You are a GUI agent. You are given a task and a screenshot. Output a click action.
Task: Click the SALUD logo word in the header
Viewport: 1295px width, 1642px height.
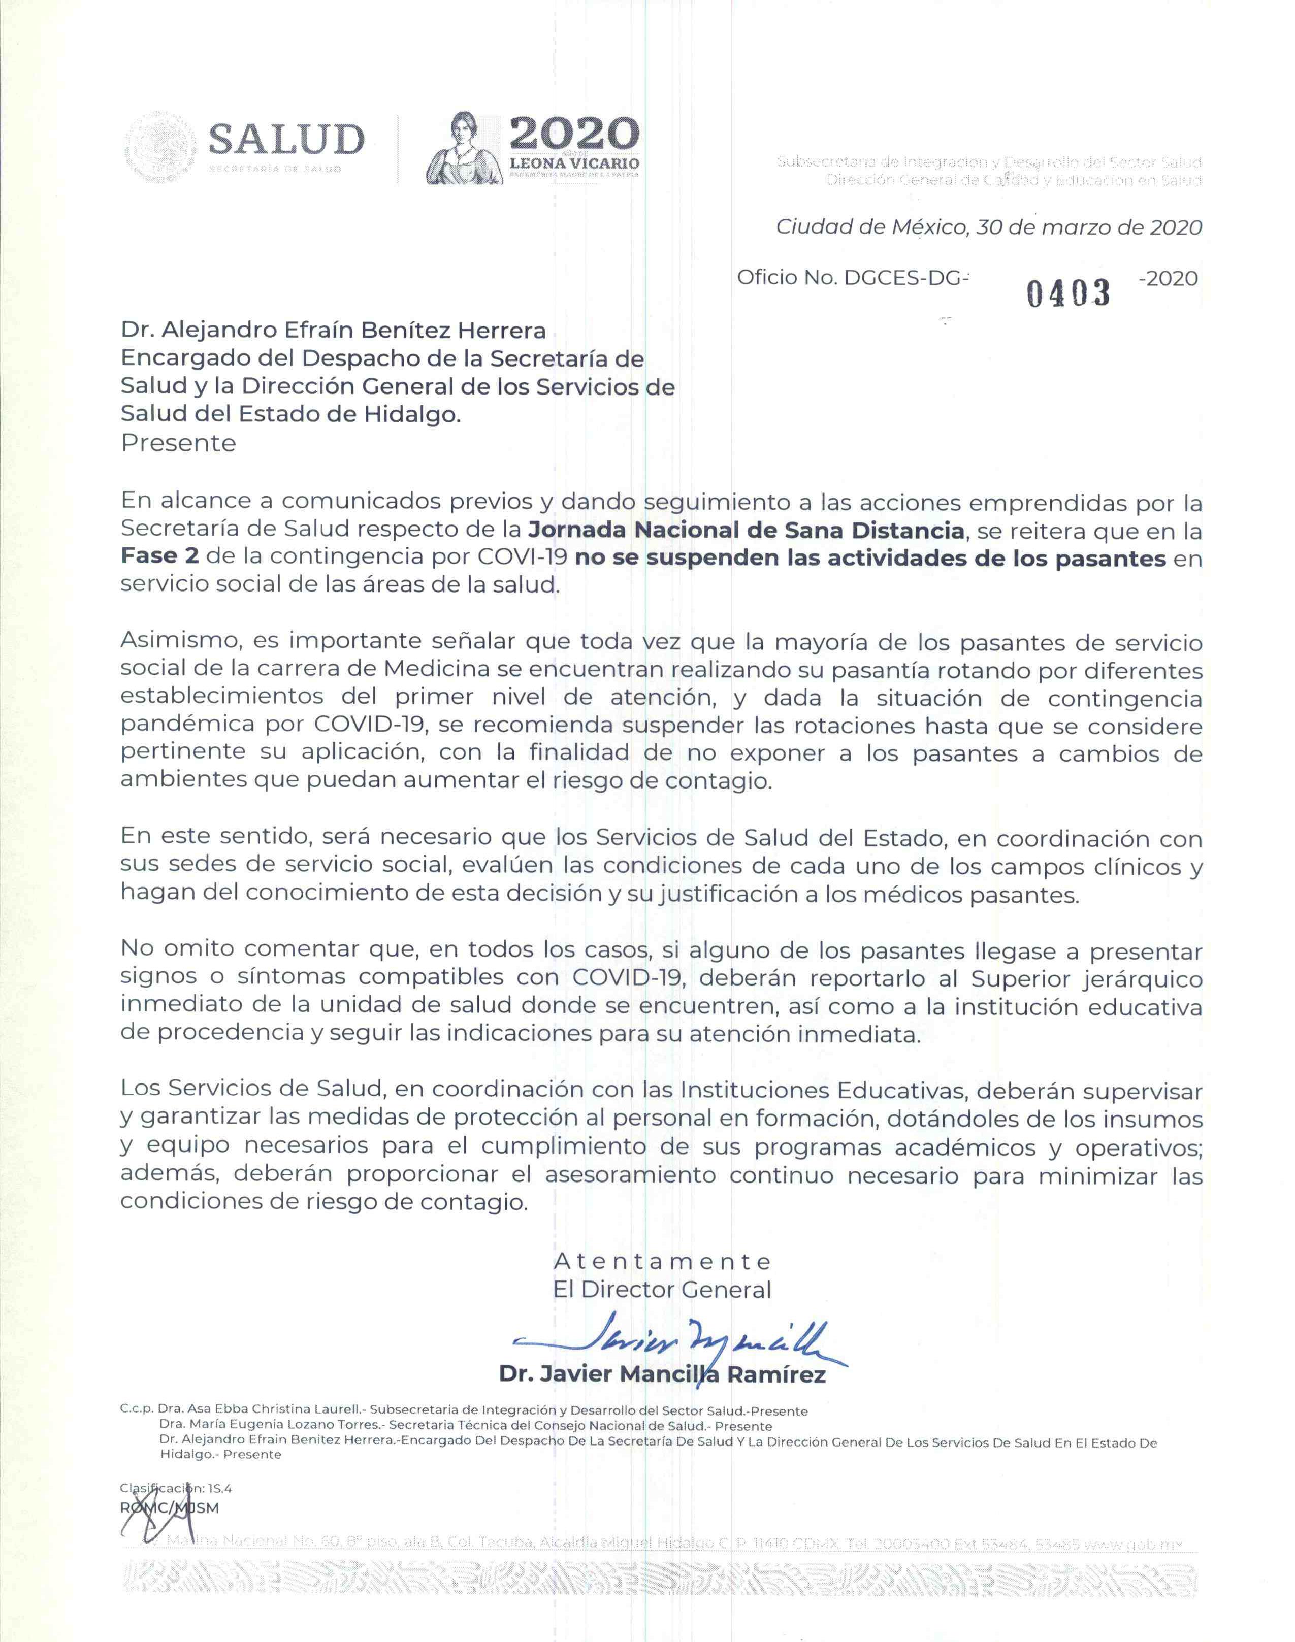[286, 140]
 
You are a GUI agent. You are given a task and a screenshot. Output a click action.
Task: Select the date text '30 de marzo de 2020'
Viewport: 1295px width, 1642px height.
[1089, 227]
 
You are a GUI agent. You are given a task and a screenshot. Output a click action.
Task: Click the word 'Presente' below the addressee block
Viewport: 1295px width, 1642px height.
[178, 443]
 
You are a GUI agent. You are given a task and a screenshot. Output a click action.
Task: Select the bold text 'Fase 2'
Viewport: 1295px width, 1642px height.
[159, 557]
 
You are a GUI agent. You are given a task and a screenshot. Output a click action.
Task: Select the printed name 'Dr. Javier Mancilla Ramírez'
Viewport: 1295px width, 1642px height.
[662, 1374]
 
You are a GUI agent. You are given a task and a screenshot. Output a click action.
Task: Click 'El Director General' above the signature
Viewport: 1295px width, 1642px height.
[662, 1290]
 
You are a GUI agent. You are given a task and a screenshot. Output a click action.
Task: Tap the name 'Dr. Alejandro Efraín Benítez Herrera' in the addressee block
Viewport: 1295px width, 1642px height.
[333, 331]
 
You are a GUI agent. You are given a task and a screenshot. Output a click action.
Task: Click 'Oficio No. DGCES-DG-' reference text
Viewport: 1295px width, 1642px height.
[853, 278]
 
